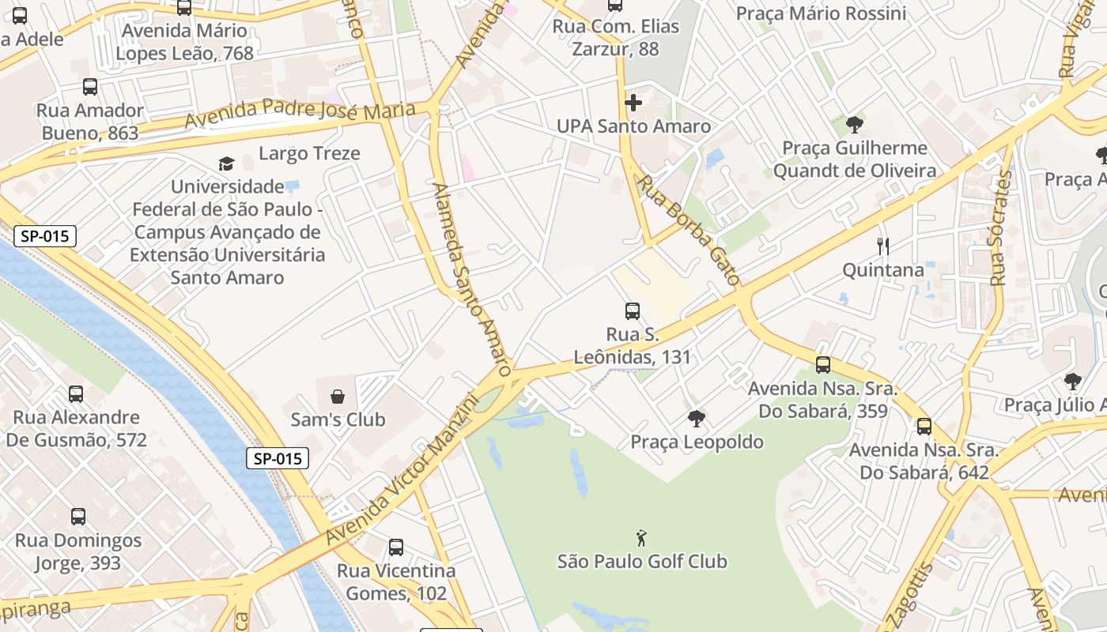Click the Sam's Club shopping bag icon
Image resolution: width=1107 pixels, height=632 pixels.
click(338, 396)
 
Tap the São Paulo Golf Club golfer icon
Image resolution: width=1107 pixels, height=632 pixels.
click(641, 539)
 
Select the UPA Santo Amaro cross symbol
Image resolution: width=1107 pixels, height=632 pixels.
click(633, 103)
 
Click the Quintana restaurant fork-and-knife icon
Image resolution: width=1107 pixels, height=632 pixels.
click(883, 246)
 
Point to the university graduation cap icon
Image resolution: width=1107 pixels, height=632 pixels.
click(227, 164)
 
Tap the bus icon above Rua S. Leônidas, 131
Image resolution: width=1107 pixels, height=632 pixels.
click(632, 310)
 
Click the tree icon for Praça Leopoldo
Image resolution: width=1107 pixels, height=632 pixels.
click(697, 419)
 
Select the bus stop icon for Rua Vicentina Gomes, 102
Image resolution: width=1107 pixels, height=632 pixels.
click(396, 547)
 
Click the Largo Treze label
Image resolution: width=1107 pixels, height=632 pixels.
click(309, 153)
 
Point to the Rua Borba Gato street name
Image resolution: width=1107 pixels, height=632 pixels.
click(689, 230)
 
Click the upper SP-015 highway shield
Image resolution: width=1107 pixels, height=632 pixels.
click(45, 235)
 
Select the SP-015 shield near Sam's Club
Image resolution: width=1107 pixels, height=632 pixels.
click(277, 458)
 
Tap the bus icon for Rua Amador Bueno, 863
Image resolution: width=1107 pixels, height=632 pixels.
click(90, 87)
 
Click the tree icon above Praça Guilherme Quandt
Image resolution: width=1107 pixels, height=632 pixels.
click(854, 124)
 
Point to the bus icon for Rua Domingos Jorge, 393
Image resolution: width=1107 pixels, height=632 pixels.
click(77, 517)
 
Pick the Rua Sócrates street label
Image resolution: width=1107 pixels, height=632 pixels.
click(1001, 228)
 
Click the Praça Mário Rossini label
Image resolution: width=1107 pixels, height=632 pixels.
click(821, 13)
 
